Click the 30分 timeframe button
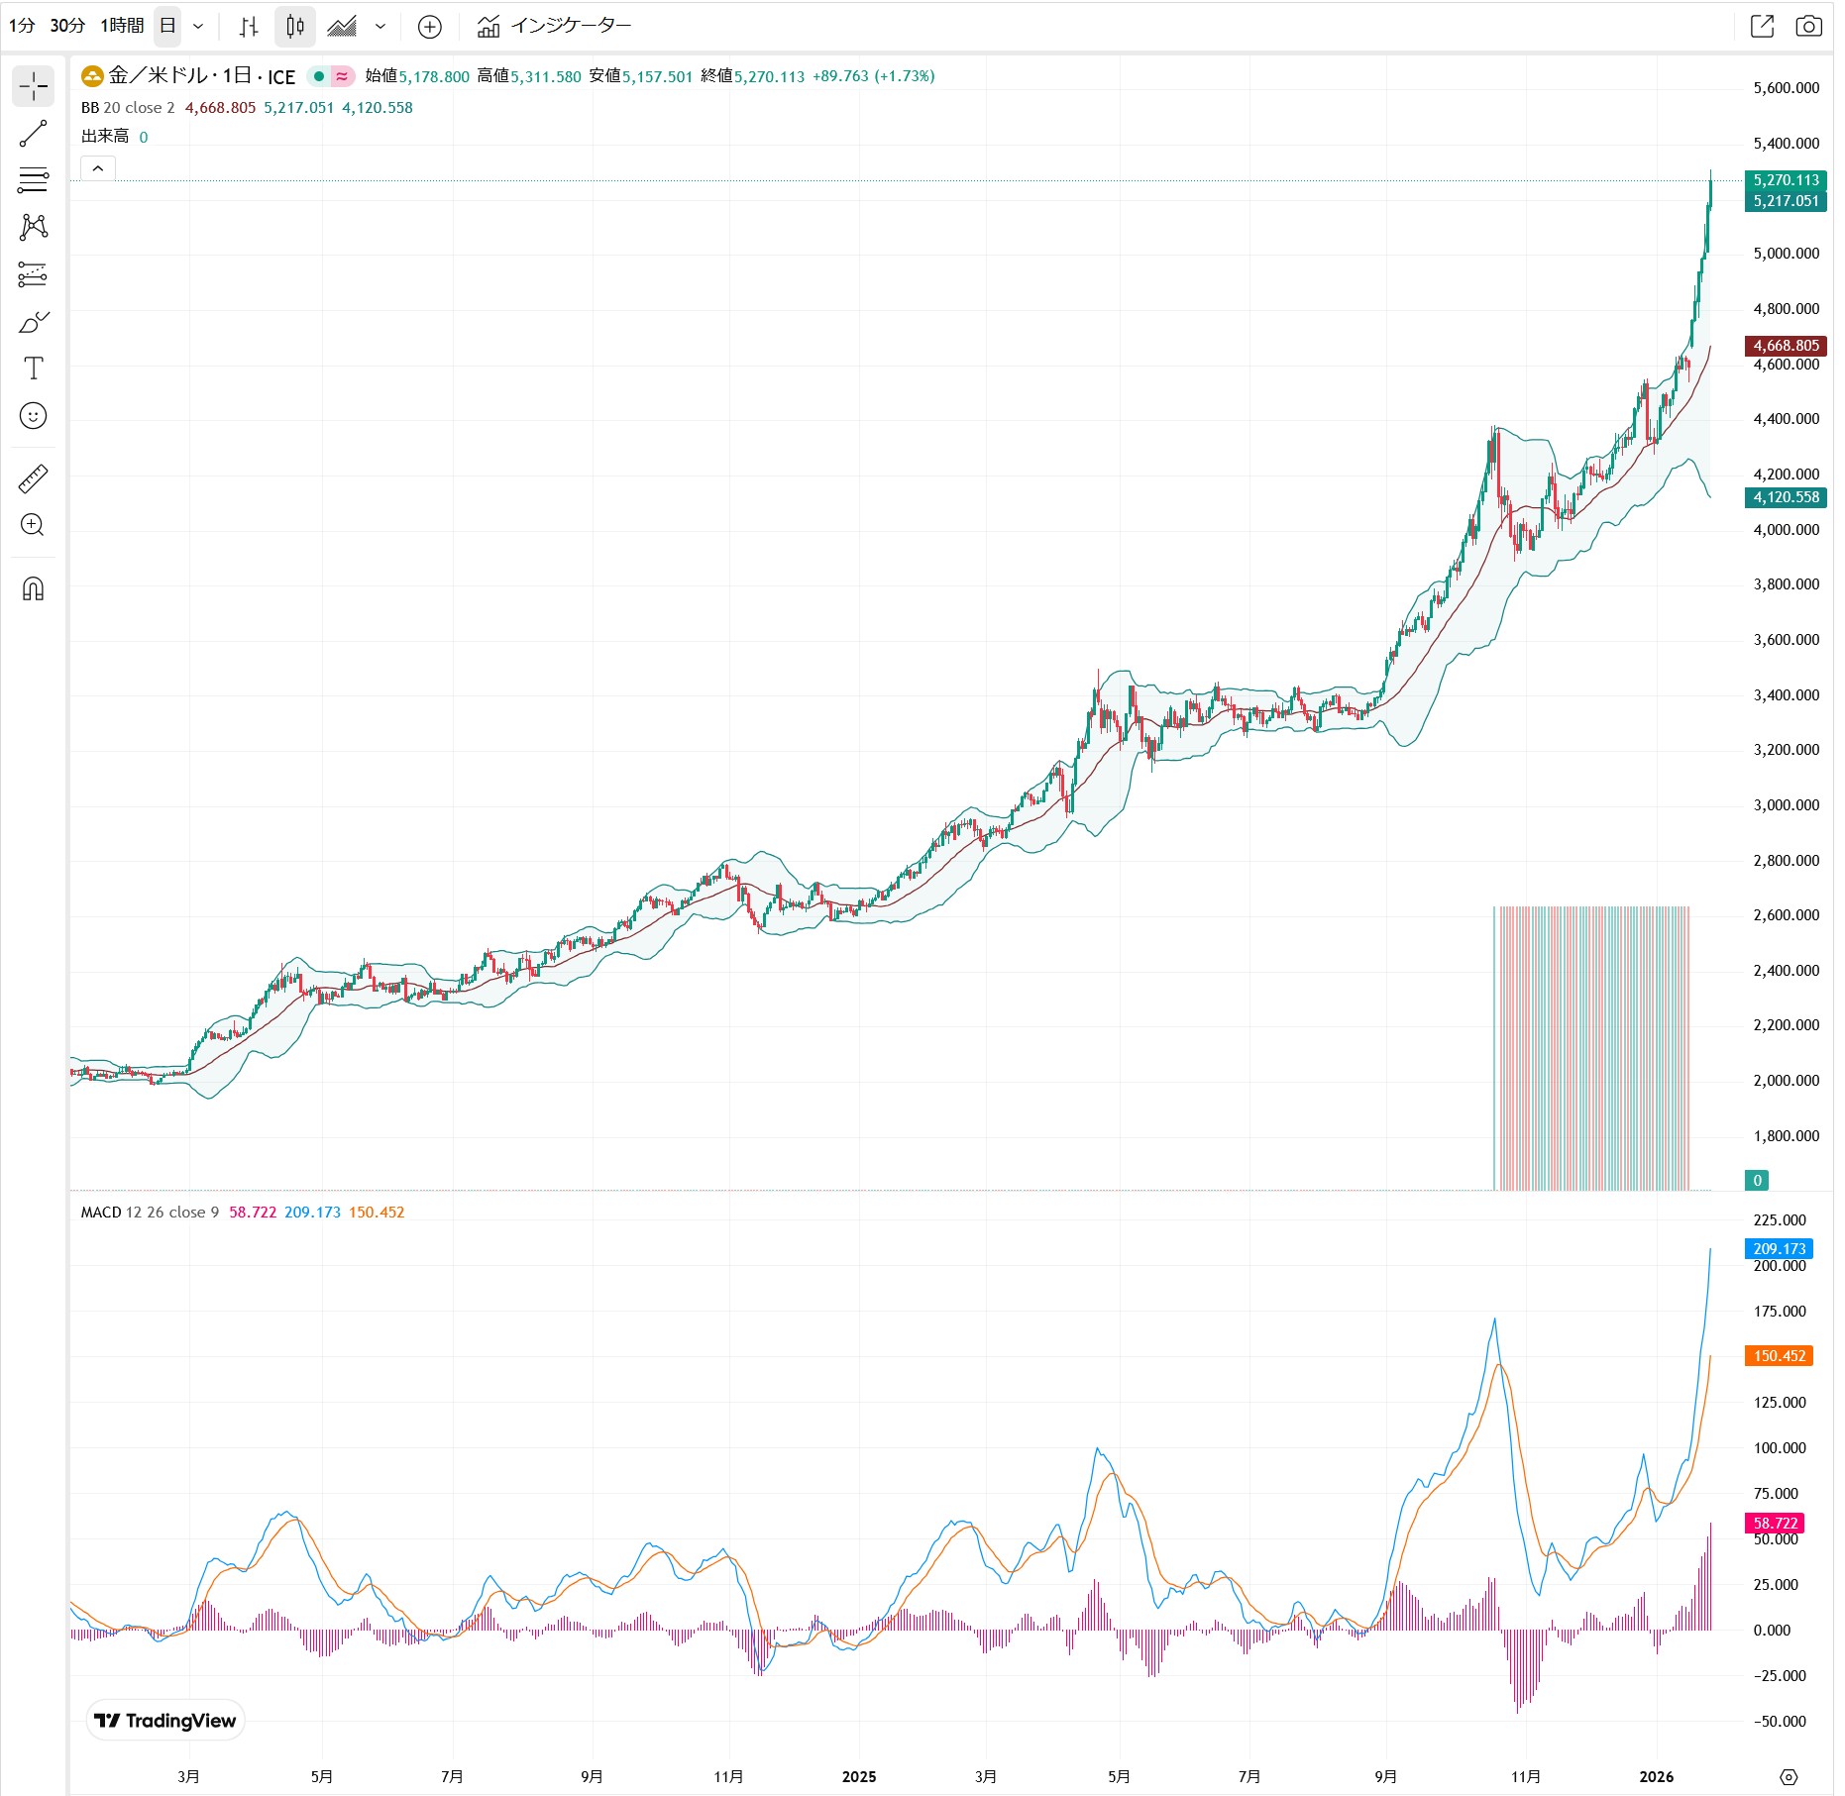coord(67,26)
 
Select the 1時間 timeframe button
coord(122,26)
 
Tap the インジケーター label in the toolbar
coord(570,26)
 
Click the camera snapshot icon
coord(1808,27)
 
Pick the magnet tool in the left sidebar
coord(33,589)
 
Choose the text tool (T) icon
coord(33,369)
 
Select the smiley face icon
coord(33,416)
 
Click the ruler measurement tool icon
coord(33,479)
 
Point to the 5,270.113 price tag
coord(1786,180)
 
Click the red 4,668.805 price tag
coord(1786,346)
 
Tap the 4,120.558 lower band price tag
coord(1786,497)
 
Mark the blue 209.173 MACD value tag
coord(1779,1249)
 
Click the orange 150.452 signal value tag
coord(1779,1356)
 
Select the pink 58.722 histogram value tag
coord(1775,1524)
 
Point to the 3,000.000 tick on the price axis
coord(1786,805)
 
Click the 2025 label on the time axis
coord(858,1777)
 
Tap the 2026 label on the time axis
coord(1656,1777)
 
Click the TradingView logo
coord(165,1721)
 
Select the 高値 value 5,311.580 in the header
coord(545,76)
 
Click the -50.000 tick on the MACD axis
coord(1779,1722)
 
